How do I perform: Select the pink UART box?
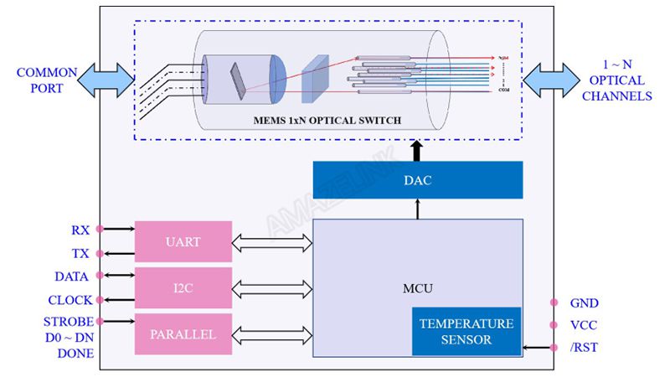coord(183,241)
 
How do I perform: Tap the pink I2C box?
coord(183,288)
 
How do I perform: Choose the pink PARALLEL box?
coord(183,334)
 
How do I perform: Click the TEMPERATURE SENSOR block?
coord(466,332)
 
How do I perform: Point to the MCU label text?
coord(417,288)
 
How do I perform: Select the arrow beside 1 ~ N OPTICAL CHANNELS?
coord(549,81)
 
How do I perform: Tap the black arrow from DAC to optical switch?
coord(417,150)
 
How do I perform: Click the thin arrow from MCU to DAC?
coord(417,209)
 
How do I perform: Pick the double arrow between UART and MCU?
coord(272,244)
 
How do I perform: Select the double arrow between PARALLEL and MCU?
coord(272,334)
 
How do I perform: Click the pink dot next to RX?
coord(100,228)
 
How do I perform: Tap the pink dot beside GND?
coord(553,302)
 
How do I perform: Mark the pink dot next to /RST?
coord(553,347)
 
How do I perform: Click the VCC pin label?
coord(584,325)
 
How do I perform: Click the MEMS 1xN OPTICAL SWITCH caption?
coord(327,121)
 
